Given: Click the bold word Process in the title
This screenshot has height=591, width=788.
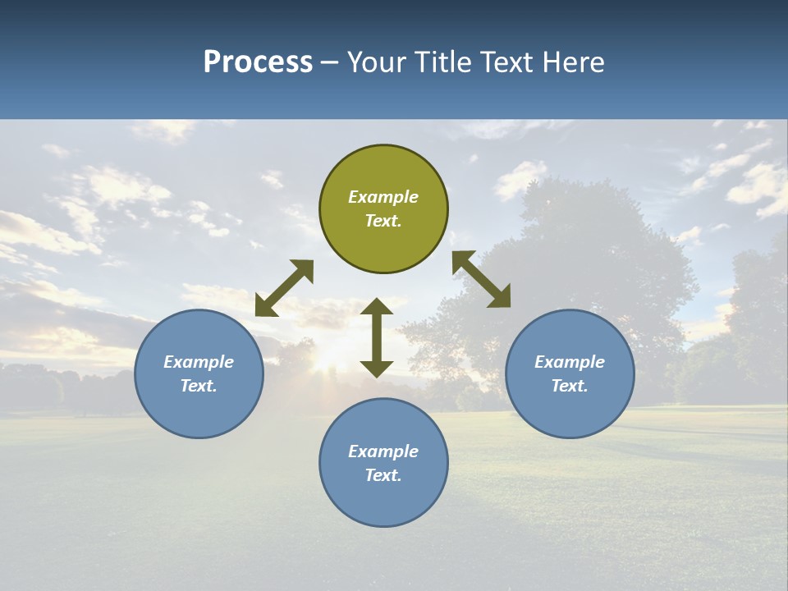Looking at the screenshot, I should tap(258, 62).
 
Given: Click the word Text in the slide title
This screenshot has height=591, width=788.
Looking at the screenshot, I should tap(507, 62).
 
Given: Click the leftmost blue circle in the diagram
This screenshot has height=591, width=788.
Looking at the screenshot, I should tap(199, 373).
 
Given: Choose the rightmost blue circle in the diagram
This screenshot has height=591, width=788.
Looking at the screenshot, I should tap(570, 373).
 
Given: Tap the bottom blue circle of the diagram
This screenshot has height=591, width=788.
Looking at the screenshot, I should tap(383, 462).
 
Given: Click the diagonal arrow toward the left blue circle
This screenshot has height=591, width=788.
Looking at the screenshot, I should tap(284, 288).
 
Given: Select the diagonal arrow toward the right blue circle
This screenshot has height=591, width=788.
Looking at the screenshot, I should tap(481, 279).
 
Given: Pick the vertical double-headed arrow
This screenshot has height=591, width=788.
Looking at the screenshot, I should tap(377, 337).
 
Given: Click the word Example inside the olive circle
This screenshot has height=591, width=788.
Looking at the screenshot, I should tap(383, 197).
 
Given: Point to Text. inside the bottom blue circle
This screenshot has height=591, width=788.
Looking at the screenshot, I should tap(383, 475).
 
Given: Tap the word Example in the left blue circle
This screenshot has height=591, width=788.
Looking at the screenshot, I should tap(199, 362).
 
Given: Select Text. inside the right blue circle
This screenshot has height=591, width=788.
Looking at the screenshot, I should tap(570, 386).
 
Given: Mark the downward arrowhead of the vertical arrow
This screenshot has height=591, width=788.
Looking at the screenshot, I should tap(377, 369).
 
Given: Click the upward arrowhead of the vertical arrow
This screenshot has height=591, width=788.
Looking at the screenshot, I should tap(377, 306).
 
